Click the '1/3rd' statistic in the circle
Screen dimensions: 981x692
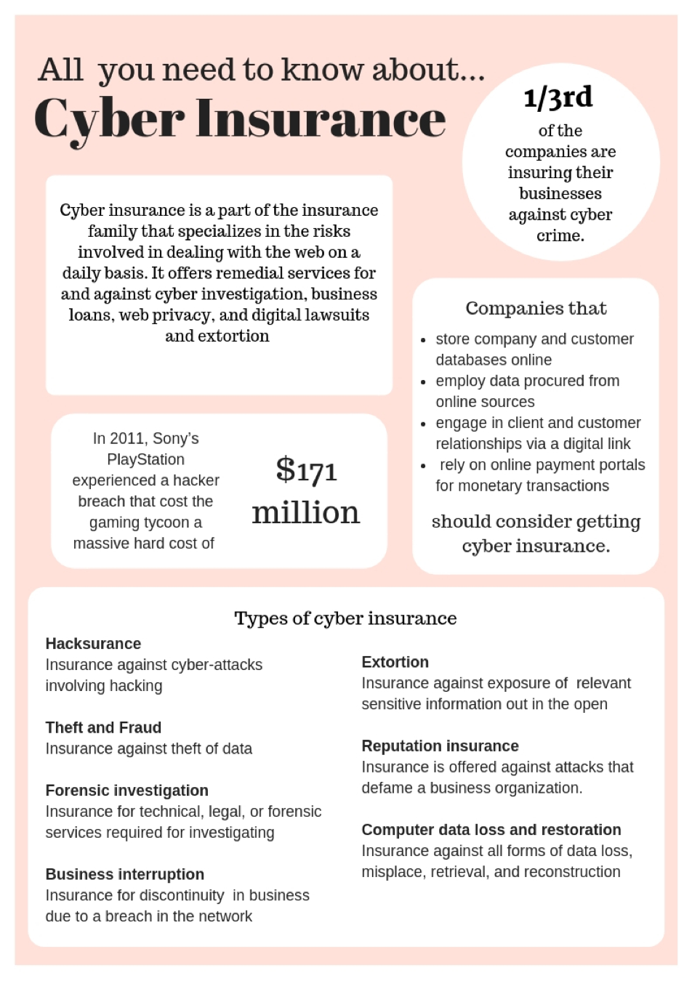click(558, 97)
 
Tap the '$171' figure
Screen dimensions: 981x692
click(306, 470)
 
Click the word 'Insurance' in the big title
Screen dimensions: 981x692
click(321, 118)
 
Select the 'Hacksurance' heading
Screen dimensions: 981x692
click(93, 644)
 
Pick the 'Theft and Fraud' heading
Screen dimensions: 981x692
click(103, 727)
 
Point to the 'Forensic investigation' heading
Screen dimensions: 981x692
click(126, 791)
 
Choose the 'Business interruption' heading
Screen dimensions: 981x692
click(124, 874)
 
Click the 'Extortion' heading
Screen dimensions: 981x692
click(395, 662)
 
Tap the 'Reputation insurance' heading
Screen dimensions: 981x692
click(440, 746)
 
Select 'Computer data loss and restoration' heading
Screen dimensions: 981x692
click(491, 830)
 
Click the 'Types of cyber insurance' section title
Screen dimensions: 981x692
click(345, 618)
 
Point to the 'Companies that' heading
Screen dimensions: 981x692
click(536, 309)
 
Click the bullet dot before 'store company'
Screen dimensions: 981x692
click(423, 340)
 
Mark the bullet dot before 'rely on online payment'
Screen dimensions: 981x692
click(423, 466)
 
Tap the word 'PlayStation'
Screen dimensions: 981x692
click(145, 459)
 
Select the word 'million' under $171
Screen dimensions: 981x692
click(306, 512)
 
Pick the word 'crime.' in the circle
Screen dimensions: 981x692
click(560, 235)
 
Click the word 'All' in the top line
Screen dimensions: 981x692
click(60, 70)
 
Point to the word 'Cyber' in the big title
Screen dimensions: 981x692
click(109, 120)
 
